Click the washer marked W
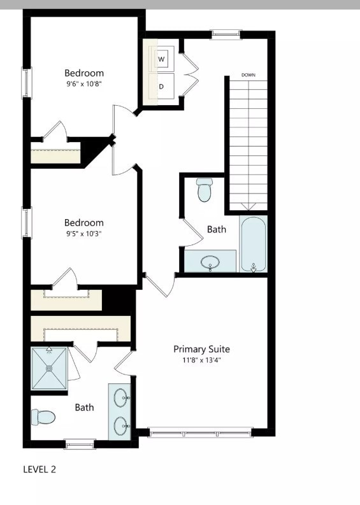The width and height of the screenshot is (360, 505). [161, 59]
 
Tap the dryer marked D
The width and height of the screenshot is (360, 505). [161, 86]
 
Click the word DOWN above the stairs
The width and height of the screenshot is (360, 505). [248, 75]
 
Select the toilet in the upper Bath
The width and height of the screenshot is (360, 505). [204, 189]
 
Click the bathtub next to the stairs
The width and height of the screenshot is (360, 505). [254, 244]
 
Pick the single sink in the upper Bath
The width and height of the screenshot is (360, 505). [210, 262]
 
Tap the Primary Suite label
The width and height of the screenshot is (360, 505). [201, 349]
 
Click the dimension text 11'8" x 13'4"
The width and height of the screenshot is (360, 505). [201, 360]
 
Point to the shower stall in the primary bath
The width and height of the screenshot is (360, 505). [49, 369]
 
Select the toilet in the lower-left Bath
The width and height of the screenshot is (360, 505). [44, 418]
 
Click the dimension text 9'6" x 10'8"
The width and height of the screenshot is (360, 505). [83, 83]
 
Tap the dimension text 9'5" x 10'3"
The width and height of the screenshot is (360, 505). [83, 233]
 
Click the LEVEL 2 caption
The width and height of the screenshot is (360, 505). [40, 469]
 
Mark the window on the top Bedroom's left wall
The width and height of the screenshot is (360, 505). [26, 83]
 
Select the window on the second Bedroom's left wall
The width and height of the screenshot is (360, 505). [26, 224]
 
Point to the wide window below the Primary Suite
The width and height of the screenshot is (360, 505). [200, 432]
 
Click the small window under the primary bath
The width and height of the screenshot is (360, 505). [80, 444]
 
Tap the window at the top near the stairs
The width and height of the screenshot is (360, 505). [226, 34]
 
